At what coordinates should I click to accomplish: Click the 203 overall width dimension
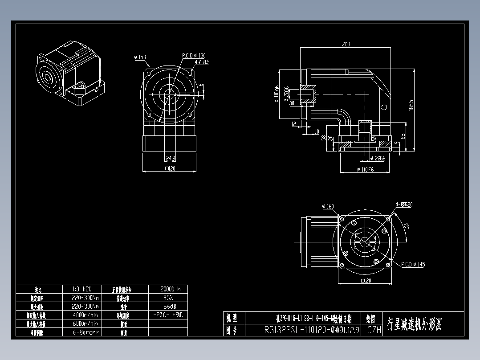pyautogui.click(x=346, y=44)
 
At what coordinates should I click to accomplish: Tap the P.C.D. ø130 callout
pyautogui.click(x=194, y=56)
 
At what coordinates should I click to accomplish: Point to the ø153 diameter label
pyautogui.click(x=140, y=57)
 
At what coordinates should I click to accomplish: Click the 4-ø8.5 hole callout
pyautogui.click(x=202, y=62)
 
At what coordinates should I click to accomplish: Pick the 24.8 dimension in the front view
pyautogui.click(x=170, y=158)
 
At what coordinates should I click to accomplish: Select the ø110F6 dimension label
pyautogui.click(x=365, y=170)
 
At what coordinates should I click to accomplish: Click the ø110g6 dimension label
pyautogui.click(x=277, y=94)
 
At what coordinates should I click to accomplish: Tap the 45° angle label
pyautogui.click(x=406, y=226)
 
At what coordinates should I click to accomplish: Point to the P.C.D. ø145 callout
pyautogui.click(x=413, y=264)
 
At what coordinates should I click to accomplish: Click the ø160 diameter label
pyautogui.click(x=328, y=206)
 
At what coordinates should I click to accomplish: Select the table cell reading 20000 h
pyautogui.click(x=167, y=289)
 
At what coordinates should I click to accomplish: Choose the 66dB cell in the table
pyautogui.click(x=167, y=306)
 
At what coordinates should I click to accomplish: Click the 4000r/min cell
pyautogui.click(x=85, y=315)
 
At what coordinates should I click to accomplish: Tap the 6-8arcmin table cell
pyautogui.click(x=85, y=332)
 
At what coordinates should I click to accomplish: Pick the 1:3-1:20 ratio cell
pyautogui.click(x=85, y=289)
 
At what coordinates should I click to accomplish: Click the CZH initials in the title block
pyautogui.click(x=374, y=330)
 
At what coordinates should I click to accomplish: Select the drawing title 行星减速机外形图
pyautogui.click(x=415, y=324)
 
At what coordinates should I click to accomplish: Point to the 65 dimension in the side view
pyautogui.click(x=403, y=136)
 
